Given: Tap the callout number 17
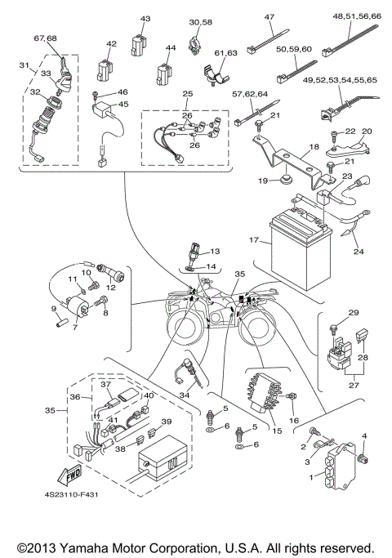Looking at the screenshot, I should pos(254,241).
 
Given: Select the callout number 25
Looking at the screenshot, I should pos(189,95).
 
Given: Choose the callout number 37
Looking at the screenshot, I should pos(105,384).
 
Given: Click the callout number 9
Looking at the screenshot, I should pos(56,309).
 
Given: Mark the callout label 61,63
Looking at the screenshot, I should pos(225,53).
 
